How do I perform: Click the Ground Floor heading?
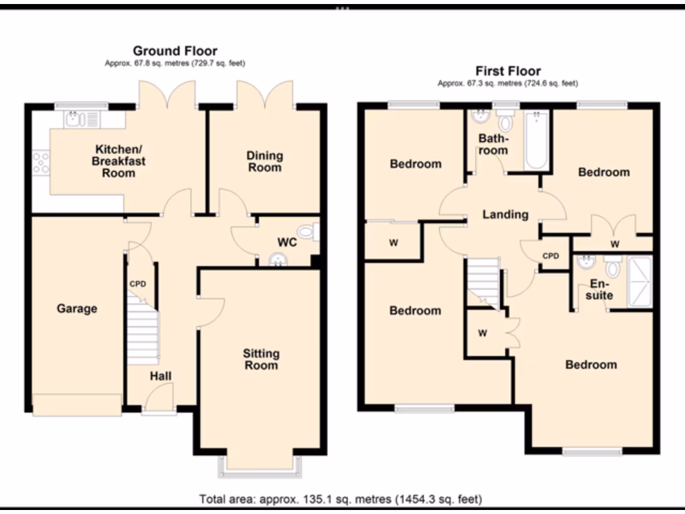(175, 51)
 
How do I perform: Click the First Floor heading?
(508, 71)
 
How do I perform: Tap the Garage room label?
(77, 309)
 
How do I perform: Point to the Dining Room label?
(265, 161)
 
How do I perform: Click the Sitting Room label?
(261, 359)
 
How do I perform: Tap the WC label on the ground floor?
(287, 242)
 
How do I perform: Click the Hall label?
(161, 376)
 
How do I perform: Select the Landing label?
(506, 214)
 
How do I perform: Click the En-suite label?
(601, 289)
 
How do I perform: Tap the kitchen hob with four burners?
(40, 163)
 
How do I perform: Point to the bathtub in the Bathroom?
(536, 141)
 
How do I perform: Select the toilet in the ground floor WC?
(307, 232)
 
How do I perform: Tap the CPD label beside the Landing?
(551, 256)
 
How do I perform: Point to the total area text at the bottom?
(340, 499)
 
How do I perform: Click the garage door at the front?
(78, 404)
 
